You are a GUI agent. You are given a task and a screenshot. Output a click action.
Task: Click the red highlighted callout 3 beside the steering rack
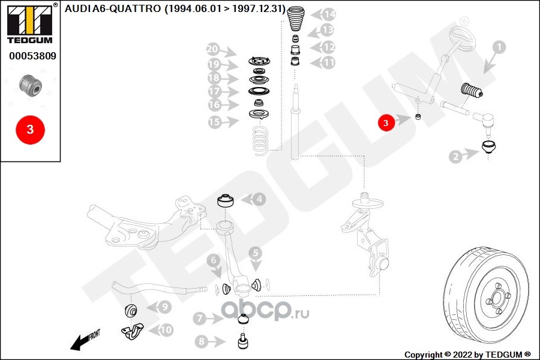point(386,123)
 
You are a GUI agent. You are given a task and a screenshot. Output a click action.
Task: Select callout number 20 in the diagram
point(212,49)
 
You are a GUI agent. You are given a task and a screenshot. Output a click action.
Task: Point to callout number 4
point(258,199)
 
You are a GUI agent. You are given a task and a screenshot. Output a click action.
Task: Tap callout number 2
point(457,157)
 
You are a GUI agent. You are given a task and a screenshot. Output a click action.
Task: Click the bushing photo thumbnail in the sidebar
point(30,86)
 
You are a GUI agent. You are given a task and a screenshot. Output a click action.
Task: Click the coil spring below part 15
point(259,139)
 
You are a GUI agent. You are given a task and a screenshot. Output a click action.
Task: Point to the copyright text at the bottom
point(467,354)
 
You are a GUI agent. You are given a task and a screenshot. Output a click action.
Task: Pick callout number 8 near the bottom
point(201,342)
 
